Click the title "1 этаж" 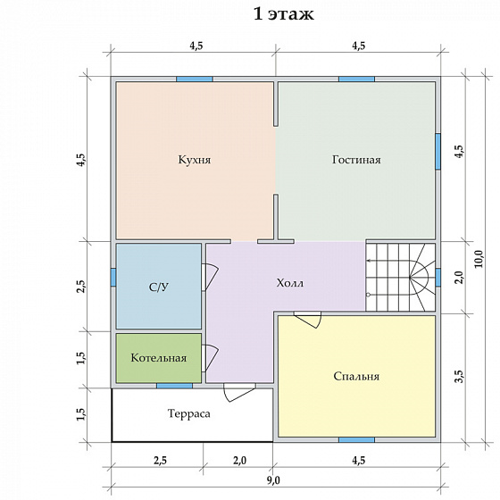click(284, 14)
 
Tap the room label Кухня click(195, 160)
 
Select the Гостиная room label click(356, 160)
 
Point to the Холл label click(290, 283)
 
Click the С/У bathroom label click(159, 287)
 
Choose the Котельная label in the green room click(159, 358)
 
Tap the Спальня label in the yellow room click(356, 376)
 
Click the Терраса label click(188, 413)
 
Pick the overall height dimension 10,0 click(479, 259)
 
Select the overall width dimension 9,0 click(273, 480)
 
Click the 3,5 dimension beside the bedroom click(459, 376)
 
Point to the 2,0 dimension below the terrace click(239, 461)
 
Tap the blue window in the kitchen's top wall click(195, 79)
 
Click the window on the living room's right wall click(438, 151)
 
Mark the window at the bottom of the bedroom click(356, 440)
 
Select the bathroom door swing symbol click(210, 277)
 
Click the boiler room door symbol click(210, 358)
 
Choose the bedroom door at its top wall click(308, 320)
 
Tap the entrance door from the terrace click(239, 392)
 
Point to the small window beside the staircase click(438, 278)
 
